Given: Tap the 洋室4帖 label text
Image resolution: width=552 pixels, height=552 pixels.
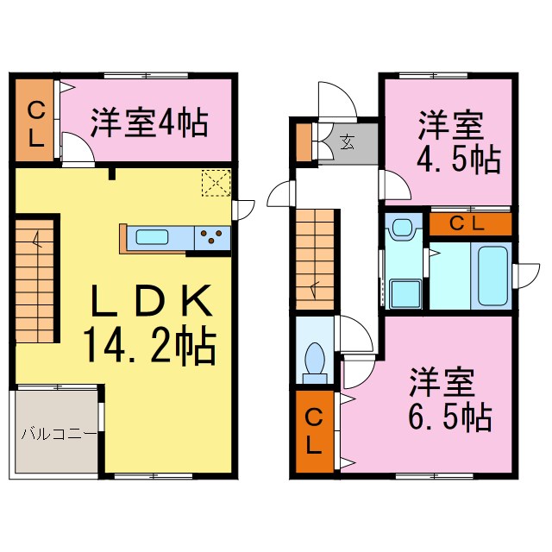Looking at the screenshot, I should tap(149, 123).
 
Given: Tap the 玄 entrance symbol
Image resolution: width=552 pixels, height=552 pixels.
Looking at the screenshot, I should tap(346, 142).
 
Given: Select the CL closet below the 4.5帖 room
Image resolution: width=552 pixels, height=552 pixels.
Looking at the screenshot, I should tap(470, 224).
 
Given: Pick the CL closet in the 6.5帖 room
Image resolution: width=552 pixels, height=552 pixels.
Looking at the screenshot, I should tap(316, 431).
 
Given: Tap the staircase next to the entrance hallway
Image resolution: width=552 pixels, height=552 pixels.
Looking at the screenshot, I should tap(315, 259).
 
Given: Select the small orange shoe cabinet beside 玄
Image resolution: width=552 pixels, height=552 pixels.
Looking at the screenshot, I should tap(304, 143).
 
